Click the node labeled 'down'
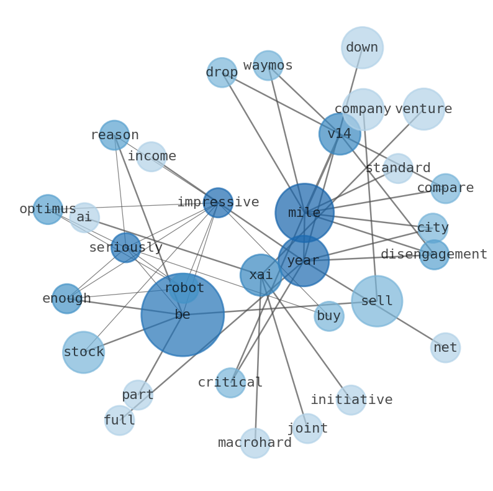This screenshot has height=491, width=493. pos(362,48)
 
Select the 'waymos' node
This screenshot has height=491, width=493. pos(268,66)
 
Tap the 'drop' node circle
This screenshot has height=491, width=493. pos(222,73)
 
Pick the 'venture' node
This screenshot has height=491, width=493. pos(423,109)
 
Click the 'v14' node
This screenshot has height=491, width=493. pos(340,134)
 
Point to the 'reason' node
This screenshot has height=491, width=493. pos(114,135)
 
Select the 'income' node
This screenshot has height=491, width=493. pos(152,157)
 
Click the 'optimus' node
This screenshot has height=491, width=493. pos(48,209)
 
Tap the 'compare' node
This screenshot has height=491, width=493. pos(445,188)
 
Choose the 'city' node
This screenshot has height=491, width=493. pos(433,228)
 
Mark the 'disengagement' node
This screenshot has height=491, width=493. pos(434,255)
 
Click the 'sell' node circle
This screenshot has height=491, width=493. pos(377,301)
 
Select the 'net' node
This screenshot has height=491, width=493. pos(445,348)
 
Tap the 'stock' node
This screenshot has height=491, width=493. pos(84,352)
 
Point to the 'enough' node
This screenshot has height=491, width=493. pos(66,299)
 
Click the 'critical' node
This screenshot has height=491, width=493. pos(230,383)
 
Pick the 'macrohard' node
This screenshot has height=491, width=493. pos(255,443)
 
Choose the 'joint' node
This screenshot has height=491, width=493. pos(307,429)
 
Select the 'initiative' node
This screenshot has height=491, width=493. pos(351,400)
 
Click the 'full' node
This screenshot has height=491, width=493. pos(119,421)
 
